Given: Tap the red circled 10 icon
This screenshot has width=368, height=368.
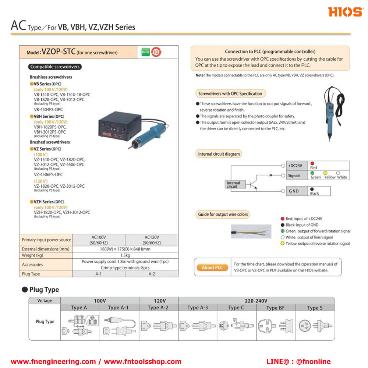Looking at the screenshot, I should (156, 52).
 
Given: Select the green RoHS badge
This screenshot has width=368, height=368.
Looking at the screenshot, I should (145, 52).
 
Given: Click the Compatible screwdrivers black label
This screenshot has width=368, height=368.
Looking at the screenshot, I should (55, 67).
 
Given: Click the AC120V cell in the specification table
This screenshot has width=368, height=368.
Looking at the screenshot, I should (152, 240).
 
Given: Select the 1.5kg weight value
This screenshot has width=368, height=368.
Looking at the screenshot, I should (125, 255).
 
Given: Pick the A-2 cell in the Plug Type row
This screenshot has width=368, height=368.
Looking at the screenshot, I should (152, 274).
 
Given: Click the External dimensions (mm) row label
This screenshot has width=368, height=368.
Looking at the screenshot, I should (46, 249).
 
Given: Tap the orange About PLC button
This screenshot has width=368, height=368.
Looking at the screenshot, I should (212, 268).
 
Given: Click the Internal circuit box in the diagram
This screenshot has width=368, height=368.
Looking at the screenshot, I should (233, 185).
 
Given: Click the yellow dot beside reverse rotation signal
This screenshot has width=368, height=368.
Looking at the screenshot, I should (282, 244).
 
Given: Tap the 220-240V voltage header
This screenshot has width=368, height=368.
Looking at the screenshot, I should (256, 301).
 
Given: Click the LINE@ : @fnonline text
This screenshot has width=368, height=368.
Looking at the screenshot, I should (298, 362).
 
